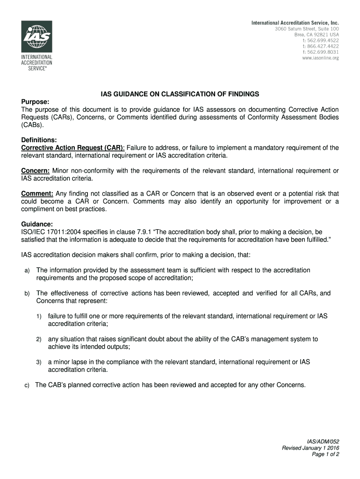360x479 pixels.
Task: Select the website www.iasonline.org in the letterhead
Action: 320,58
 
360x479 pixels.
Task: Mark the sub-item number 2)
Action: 39,339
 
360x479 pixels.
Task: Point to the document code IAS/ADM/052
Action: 323,441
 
